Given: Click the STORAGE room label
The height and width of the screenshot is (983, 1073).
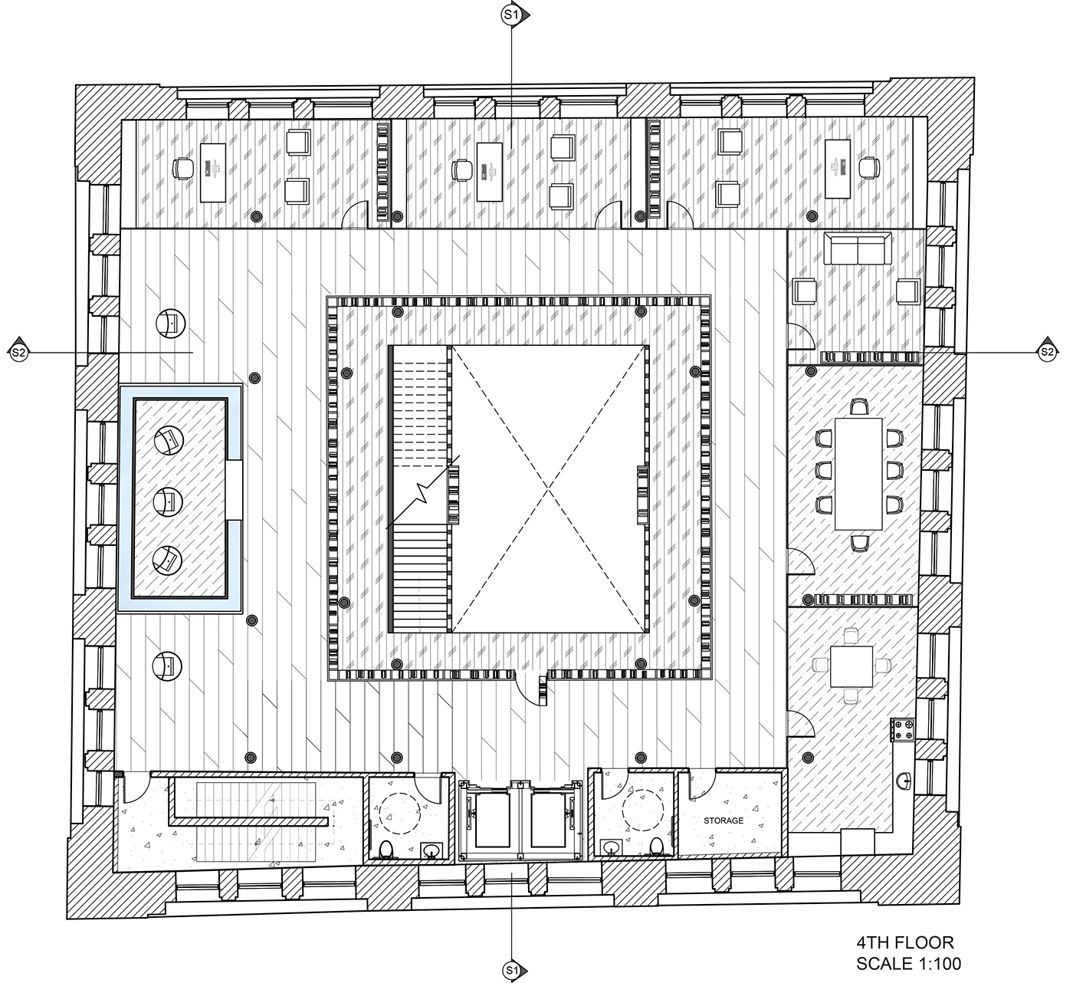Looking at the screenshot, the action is click(x=724, y=820).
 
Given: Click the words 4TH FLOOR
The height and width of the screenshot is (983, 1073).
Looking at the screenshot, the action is click(x=905, y=942).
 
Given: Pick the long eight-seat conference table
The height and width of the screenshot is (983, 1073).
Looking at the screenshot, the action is click(x=858, y=474).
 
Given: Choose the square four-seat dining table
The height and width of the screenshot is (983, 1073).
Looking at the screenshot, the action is click(x=852, y=666).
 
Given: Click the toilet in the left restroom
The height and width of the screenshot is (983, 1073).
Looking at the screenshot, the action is click(x=386, y=849).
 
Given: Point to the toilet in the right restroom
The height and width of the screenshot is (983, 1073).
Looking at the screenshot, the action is click(x=656, y=847).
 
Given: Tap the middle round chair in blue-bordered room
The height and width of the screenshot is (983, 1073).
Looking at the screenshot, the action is click(x=168, y=501).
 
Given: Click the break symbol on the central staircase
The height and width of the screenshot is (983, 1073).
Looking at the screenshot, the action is click(x=424, y=493).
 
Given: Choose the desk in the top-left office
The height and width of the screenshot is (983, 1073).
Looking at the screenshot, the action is click(x=213, y=173).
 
